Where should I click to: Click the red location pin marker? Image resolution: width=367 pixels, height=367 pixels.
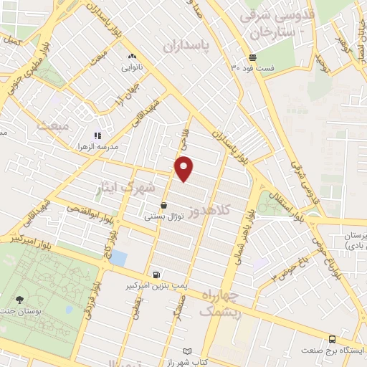click(x=185, y=168)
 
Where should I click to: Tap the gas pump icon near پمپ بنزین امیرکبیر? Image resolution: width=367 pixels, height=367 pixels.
click(x=156, y=275)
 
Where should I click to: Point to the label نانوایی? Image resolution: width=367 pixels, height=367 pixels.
click(x=132, y=67)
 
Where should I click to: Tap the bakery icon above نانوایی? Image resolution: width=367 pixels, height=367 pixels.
click(x=132, y=56)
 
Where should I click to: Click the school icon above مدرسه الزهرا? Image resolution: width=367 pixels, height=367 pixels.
click(x=97, y=135)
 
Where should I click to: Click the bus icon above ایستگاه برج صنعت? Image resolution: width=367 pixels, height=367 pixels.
click(x=332, y=339)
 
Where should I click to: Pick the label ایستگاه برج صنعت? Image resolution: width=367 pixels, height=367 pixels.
click(x=333, y=350)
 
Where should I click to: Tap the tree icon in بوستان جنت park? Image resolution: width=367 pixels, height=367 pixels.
click(x=19, y=300)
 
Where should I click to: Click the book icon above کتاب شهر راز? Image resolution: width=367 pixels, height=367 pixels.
click(x=189, y=351)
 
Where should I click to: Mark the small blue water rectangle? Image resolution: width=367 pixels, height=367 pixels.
click(x=118, y=257)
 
